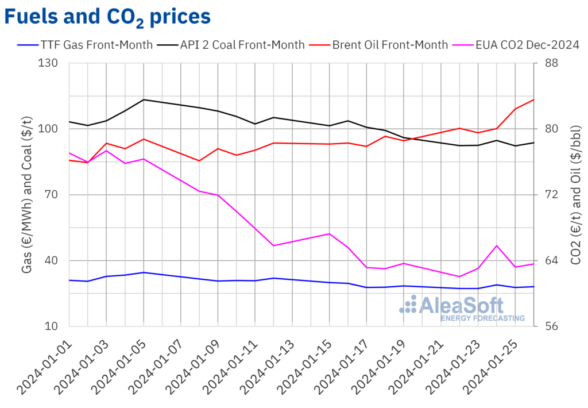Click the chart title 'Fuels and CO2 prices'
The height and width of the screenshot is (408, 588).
[107, 17]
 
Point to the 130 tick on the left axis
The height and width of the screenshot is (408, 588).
[52, 63]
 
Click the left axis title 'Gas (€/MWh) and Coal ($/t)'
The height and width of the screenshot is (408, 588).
[27, 194]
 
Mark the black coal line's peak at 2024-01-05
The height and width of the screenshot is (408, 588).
[144, 99]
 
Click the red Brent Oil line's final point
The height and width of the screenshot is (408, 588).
[534, 99]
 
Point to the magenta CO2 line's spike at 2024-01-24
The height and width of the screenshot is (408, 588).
[497, 245]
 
